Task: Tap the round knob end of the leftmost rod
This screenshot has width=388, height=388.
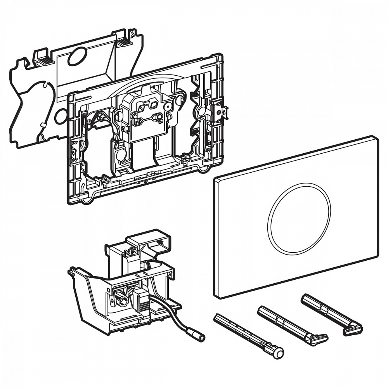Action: [x=278, y=352]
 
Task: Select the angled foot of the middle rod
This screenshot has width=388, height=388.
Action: [x=319, y=339]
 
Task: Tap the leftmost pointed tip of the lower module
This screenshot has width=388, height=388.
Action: [x=70, y=272]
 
